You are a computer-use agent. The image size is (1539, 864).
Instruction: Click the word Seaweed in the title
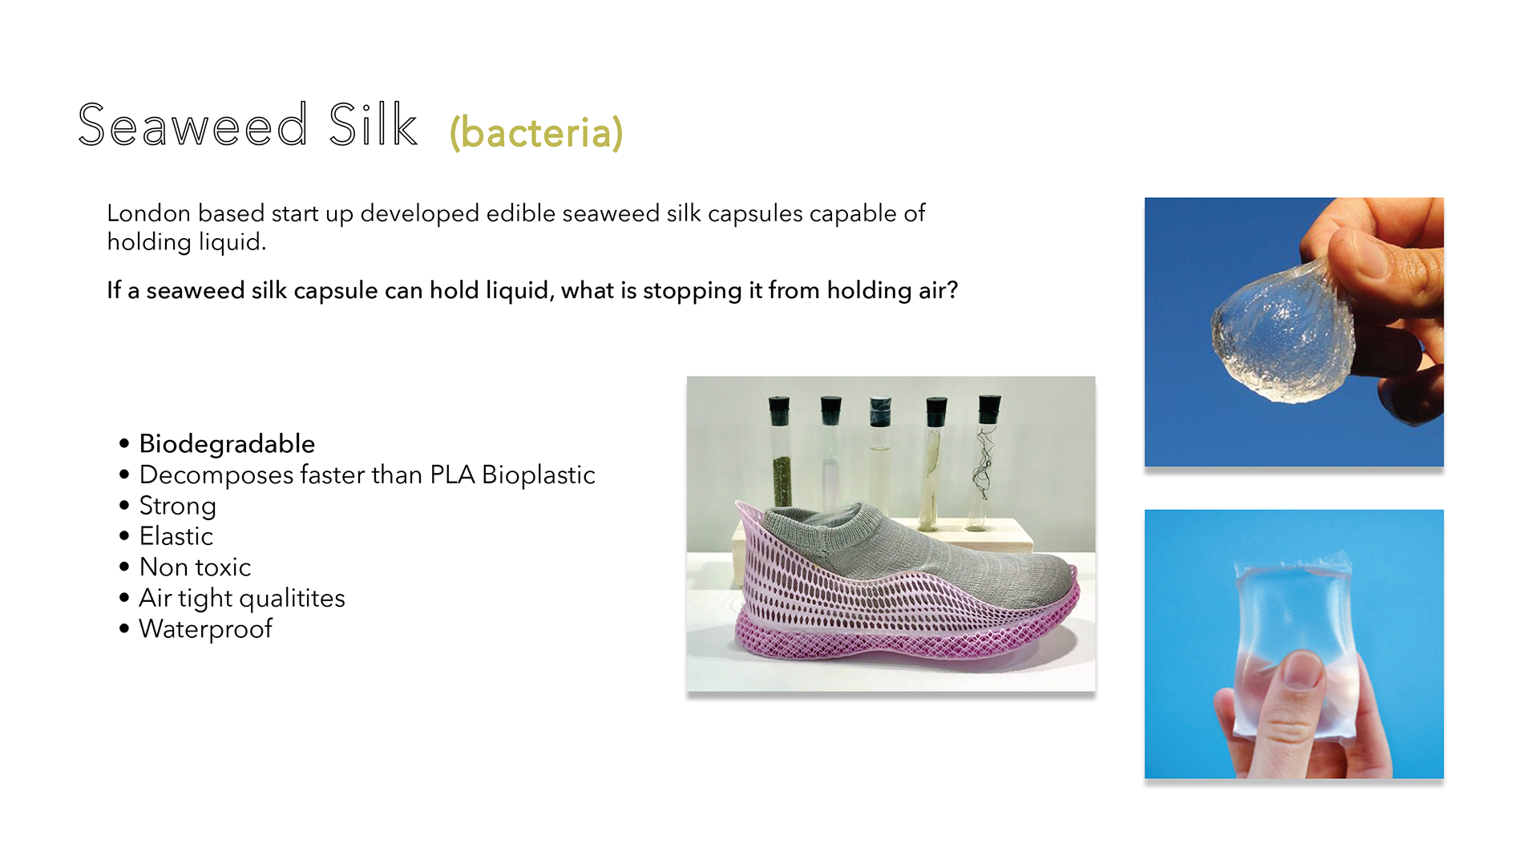pos(192,125)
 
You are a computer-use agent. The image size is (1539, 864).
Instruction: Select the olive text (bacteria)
pos(536,133)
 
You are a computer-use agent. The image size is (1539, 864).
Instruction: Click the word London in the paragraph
pos(149,213)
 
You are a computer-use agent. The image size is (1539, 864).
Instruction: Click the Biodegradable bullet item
pos(227,443)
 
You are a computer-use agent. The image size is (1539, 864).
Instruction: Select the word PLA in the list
pos(452,474)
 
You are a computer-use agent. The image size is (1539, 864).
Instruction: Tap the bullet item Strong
pos(178,507)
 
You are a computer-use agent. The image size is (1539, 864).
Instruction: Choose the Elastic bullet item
pos(176,536)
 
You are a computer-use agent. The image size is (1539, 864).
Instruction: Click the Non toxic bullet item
pos(195,567)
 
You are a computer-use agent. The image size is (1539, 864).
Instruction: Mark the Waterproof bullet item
pos(206,629)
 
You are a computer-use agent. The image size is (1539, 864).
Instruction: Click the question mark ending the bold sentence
pos(952,290)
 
